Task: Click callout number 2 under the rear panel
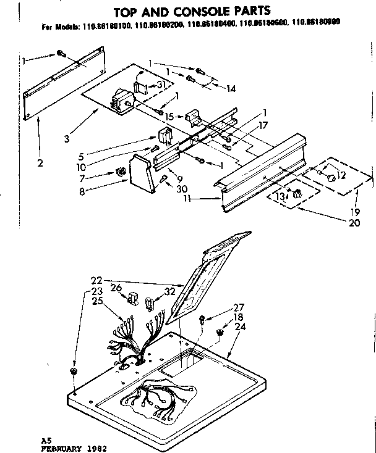(39, 164)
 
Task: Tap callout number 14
(231, 89)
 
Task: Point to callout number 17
(263, 124)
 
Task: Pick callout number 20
(354, 223)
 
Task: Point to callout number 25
(96, 301)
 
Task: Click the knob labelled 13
(297, 193)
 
